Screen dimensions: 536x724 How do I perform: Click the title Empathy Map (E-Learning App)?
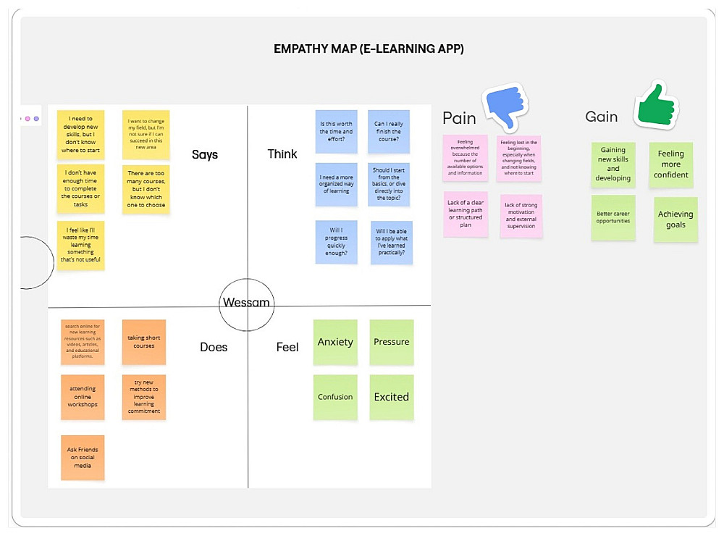click(x=369, y=49)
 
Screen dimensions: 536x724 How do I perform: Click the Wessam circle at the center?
click(x=246, y=303)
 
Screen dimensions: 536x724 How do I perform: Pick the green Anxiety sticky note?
click(x=335, y=342)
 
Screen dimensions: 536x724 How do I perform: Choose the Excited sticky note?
click(x=392, y=397)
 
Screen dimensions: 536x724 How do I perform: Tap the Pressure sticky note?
click(x=392, y=342)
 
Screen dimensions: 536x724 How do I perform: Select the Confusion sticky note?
click(x=335, y=397)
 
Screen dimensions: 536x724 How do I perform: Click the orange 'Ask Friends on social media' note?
click(x=83, y=458)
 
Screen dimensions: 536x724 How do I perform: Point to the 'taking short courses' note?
click(x=144, y=342)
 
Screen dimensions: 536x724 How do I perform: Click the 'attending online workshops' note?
click(x=83, y=397)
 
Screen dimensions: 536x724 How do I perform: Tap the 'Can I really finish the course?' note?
click(x=389, y=132)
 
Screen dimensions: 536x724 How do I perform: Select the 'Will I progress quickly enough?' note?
click(x=336, y=242)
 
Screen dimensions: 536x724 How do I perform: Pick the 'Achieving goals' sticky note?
click(x=675, y=219)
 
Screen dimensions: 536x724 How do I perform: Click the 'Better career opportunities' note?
click(x=613, y=217)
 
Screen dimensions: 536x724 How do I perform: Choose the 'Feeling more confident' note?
click(x=670, y=164)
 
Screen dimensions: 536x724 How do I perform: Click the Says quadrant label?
click(x=205, y=154)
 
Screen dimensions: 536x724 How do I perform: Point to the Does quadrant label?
click(x=214, y=347)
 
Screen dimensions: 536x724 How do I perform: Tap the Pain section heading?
click(x=459, y=118)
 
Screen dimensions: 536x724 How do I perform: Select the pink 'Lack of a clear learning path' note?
click(x=466, y=214)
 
